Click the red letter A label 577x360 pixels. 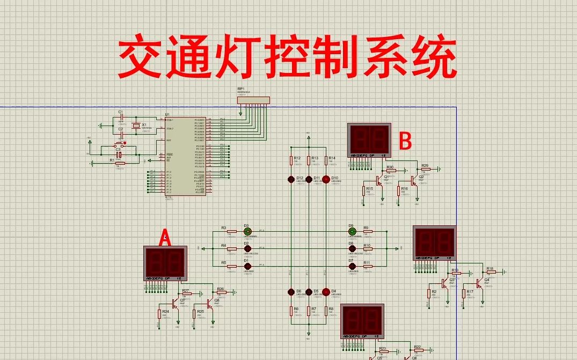point(166,238)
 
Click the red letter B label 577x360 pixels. point(406,141)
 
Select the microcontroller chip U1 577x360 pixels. point(185,156)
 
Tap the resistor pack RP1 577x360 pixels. point(253,99)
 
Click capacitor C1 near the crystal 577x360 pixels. point(121,117)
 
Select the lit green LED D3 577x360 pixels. point(247,232)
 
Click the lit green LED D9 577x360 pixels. point(352,232)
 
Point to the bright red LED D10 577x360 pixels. point(325,178)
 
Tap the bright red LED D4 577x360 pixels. point(325,292)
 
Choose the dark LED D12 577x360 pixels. point(291,178)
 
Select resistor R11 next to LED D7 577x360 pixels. point(368,266)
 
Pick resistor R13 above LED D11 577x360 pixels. point(308,160)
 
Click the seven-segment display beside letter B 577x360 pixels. point(369,141)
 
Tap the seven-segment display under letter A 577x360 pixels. point(165,263)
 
